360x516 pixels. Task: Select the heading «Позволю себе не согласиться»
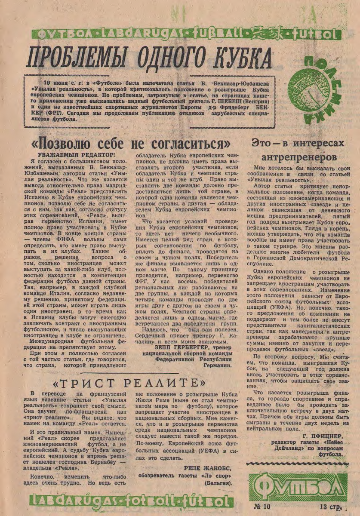click(132, 143)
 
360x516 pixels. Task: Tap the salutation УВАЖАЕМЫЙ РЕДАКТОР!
click(77, 154)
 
